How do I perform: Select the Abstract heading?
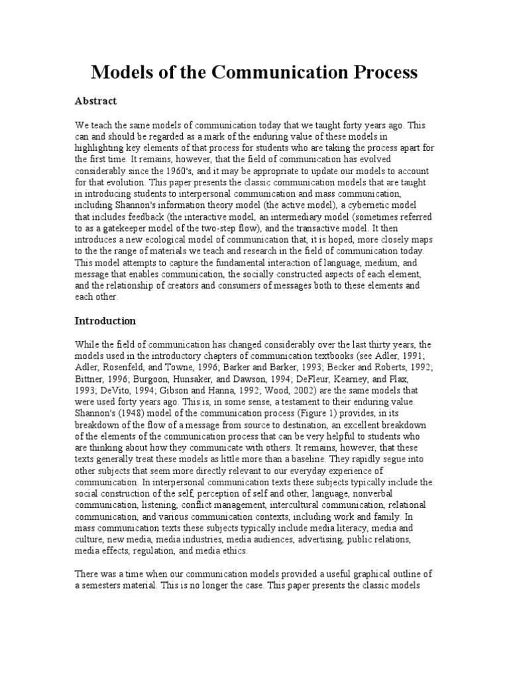click(x=95, y=101)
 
